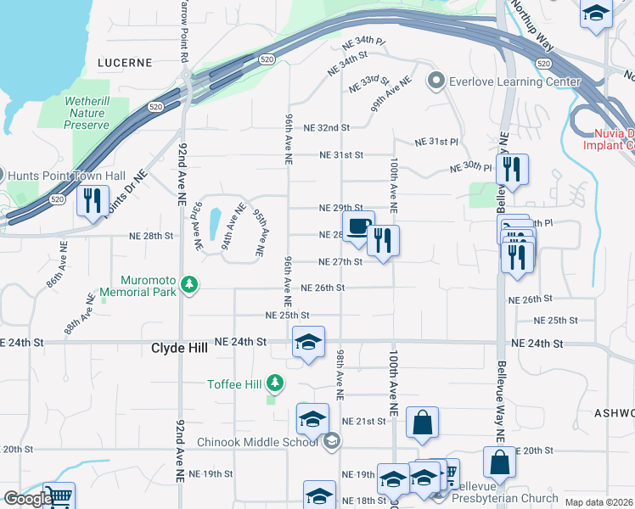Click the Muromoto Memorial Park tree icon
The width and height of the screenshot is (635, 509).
point(192,286)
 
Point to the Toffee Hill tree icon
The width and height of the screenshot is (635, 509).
point(274,384)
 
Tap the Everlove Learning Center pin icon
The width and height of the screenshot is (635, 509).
point(436,81)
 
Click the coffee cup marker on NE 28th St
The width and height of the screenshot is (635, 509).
point(358,227)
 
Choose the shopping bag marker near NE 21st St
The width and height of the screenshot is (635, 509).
point(422,422)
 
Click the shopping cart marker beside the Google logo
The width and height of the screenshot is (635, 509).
point(59,495)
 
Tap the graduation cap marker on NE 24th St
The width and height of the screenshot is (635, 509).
point(308,342)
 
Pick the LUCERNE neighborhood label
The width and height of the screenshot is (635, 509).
point(125,63)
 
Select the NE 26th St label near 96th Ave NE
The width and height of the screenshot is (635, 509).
point(323,288)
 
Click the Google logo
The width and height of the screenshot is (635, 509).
point(26,499)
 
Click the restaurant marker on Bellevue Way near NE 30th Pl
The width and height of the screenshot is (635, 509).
point(512,169)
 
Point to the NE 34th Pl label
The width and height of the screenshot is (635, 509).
point(363,41)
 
